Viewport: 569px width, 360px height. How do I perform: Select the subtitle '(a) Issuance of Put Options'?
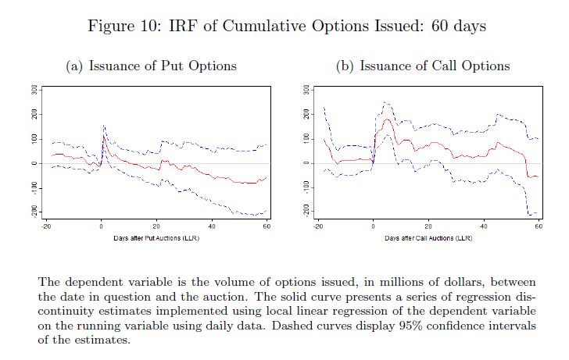(152, 66)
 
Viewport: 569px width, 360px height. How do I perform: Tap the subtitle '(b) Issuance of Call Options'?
(422, 66)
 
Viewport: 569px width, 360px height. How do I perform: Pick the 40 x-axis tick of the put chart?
(211, 226)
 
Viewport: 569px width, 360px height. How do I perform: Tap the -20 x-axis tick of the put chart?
(46, 226)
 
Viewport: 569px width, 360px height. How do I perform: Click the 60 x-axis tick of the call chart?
(539, 226)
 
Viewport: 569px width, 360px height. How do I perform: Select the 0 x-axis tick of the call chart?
(374, 226)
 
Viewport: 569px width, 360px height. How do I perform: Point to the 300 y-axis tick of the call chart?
(307, 90)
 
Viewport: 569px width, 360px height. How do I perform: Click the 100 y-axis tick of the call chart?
(307, 138)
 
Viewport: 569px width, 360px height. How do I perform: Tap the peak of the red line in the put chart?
(104, 134)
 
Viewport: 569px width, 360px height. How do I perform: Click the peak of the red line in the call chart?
(386, 119)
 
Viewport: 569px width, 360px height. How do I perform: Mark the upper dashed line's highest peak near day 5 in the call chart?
(385, 102)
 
